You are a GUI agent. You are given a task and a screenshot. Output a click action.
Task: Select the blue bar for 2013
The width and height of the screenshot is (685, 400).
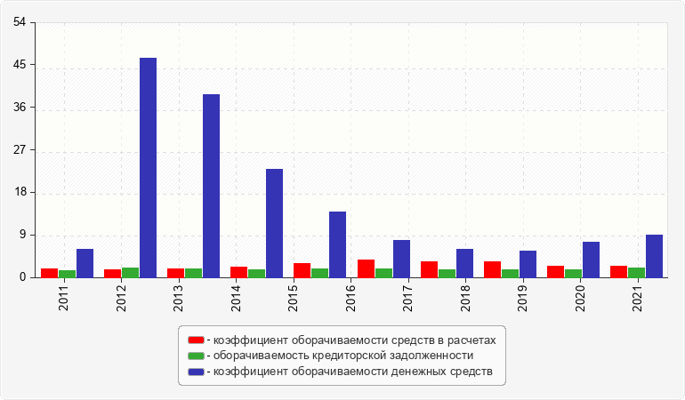click(x=211, y=186)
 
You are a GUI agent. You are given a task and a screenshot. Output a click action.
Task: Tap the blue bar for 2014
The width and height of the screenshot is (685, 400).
click(x=274, y=223)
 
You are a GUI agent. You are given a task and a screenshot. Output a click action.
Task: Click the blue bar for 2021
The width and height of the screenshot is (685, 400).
click(x=654, y=256)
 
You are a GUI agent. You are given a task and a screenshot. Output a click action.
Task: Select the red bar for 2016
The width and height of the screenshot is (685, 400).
click(x=366, y=268)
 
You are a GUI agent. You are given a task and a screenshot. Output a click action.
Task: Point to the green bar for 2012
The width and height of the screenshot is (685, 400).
click(x=130, y=273)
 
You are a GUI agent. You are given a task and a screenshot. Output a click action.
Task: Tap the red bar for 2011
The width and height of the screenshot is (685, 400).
click(x=49, y=273)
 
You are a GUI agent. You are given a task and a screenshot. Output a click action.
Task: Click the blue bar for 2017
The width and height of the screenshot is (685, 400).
click(x=401, y=259)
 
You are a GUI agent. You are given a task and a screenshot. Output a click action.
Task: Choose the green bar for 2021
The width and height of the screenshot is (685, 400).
click(x=636, y=273)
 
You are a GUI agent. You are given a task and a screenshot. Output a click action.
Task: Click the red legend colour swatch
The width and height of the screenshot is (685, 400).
click(x=196, y=340)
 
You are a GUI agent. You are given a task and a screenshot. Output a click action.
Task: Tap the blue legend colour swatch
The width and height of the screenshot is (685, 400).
click(x=196, y=371)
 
